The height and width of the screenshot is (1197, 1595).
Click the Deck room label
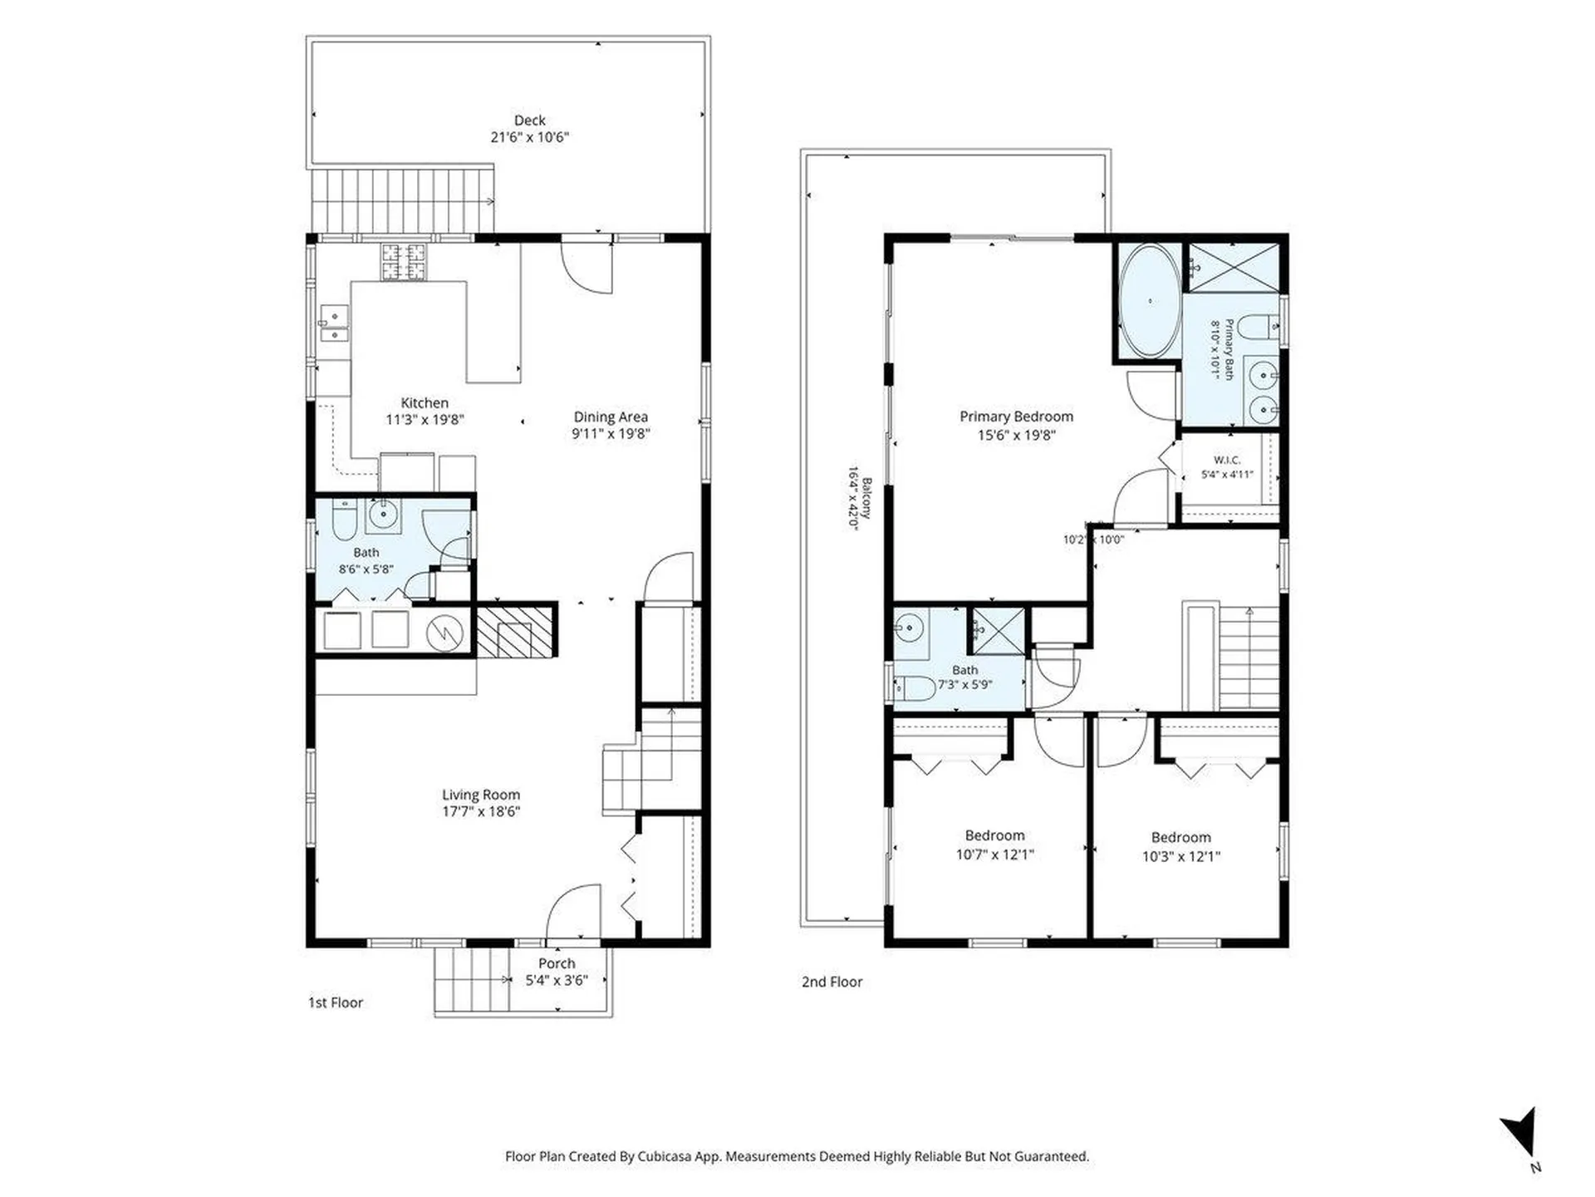pyautogui.click(x=529, y=121)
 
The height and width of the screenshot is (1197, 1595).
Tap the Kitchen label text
pyautogui.click(x=425, y=403)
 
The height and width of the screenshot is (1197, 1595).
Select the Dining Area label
pyautogui.click(x=611, y=416)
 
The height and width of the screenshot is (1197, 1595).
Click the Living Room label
pyautogui.click(x=481, y=795)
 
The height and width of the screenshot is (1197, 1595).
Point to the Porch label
pyautogui.click(x=557, y=963)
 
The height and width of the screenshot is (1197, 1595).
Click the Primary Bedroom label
pyautogui.click(x=1016, y=416)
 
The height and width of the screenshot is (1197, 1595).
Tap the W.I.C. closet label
pyautogui.click(x=1227, y=460)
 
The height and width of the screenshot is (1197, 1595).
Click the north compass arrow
pyautogui.click(x=1521, y=1132)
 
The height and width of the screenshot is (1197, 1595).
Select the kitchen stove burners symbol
pyautogui.click(x=404, y=261)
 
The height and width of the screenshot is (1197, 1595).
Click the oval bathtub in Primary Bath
pyautogui.click(x=1150, y=301)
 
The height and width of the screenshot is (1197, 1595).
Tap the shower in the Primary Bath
pyautogui.click(x=1234, y=267)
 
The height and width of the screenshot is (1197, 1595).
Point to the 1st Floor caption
pyautogui.click(x=336, y=1002)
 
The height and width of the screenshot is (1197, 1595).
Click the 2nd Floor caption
pyautogui.click(x=832, y=982)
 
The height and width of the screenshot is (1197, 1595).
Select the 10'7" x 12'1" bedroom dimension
pyautogui.click(x=994, y=855)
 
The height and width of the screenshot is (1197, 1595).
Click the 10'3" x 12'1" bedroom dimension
pyautogui.click(x=1180, y=856)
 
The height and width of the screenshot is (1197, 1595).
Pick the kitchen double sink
pyautogui.click(x=334, y=323)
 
